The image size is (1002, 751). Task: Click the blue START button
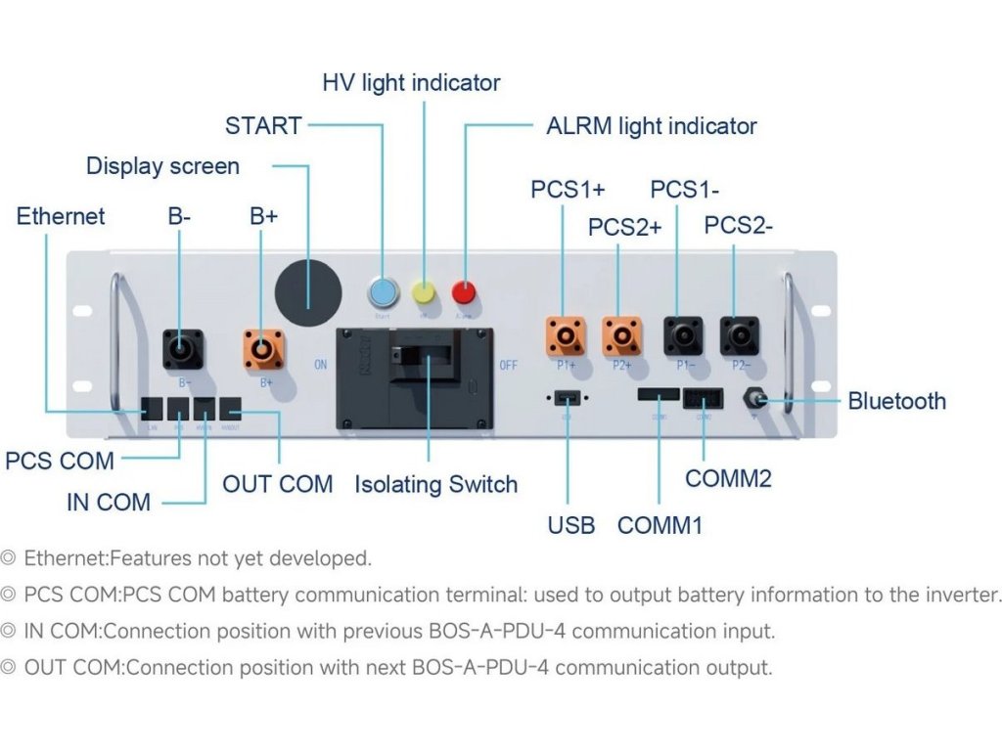point(382,292)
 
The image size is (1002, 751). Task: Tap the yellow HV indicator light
point(424,292)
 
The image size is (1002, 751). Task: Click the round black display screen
point(308,291)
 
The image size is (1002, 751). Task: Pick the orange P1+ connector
point(566,337)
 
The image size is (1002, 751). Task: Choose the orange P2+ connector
point(621,337)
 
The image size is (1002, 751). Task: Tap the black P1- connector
point(682,336)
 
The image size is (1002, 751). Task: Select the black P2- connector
point(739,336)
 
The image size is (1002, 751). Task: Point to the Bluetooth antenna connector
point(755,400)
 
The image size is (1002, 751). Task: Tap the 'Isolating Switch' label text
point(435,484)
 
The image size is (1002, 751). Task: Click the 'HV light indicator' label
point(411,83)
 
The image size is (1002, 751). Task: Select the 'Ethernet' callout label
point(61,216)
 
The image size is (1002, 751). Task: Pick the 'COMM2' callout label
point(728,478)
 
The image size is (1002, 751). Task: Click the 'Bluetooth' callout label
point(896,401)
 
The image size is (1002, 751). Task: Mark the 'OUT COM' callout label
point(278,484)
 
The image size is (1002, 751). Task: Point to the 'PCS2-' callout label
point(739,226)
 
